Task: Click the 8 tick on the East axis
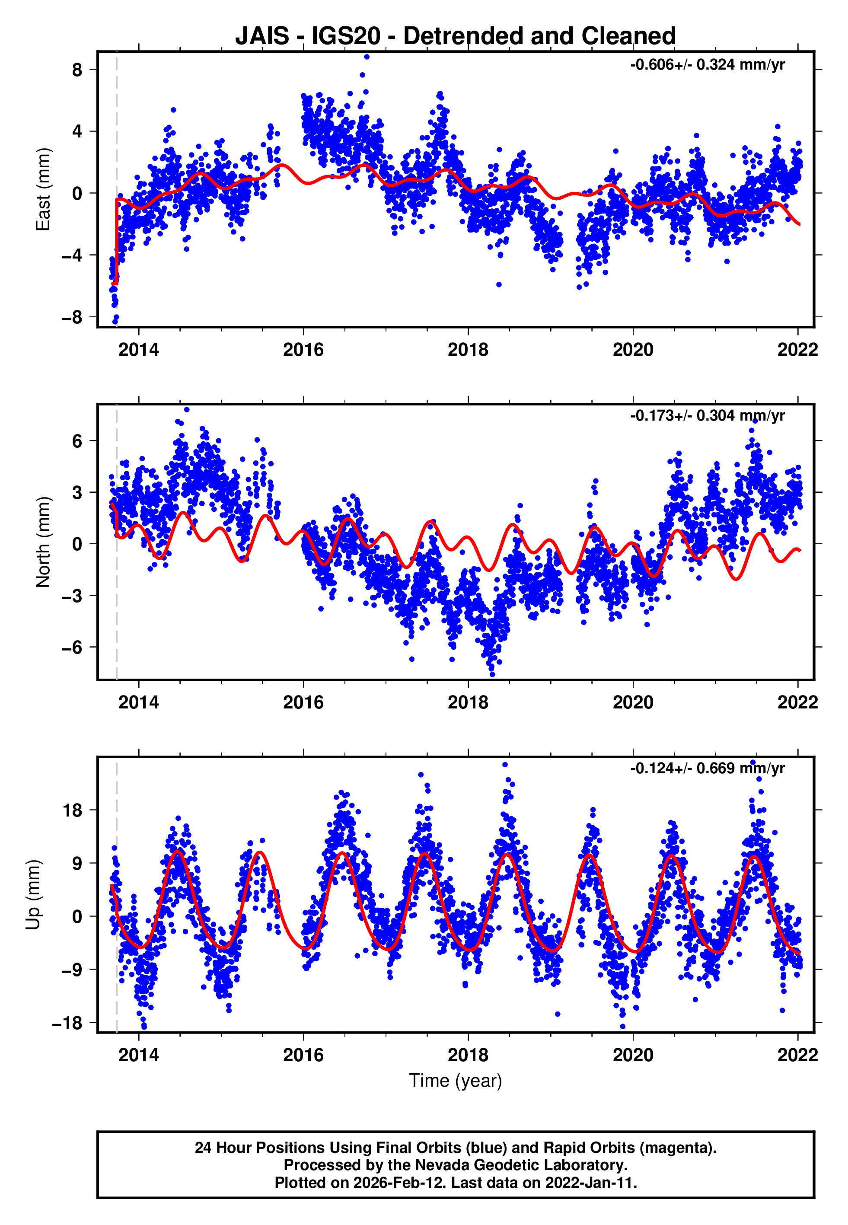coord(77,70)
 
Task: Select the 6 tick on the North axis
coord(77,441)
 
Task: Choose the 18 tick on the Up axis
coord(72,810)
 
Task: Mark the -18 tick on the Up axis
coord(67,1023)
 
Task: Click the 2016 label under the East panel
coord(303,350)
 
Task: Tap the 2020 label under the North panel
coord(632,702)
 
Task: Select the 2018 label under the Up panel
coord(468,1055)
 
